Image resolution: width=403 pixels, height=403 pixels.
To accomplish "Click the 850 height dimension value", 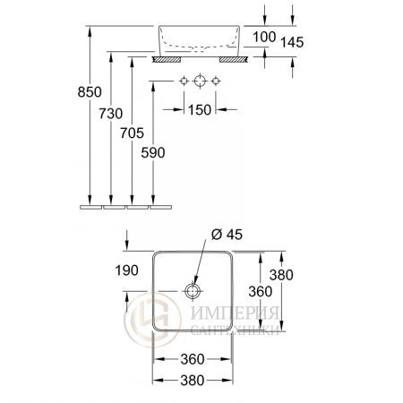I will pyautogui.click(x=90, y=93).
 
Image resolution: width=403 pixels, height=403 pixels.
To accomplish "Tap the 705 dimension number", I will pyautogui.click(x=133, y=133).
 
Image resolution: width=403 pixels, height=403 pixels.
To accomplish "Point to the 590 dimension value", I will pyautogui.click(x=154, y=153).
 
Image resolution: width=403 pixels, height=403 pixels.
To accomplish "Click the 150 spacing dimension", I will pyautogui.click(x=200, y=109).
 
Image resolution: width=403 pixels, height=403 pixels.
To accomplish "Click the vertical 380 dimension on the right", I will pyautogui.click(x=283, y=275).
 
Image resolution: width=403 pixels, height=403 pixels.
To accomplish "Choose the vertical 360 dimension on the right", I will pyautogui.click(x=259, y=291).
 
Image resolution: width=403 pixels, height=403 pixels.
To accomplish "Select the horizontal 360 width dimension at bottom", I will pyautogui.click(x=192, y=359).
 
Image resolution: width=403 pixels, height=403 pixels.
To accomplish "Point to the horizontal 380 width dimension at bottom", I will pyautogui.click(x=192, y=379).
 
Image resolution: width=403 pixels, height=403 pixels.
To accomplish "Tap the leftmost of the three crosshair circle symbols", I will pyautogui.click(x=184, y=81).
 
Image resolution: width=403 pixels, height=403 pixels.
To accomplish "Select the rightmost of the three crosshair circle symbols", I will pyautogui.click(x=216, y=81).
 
